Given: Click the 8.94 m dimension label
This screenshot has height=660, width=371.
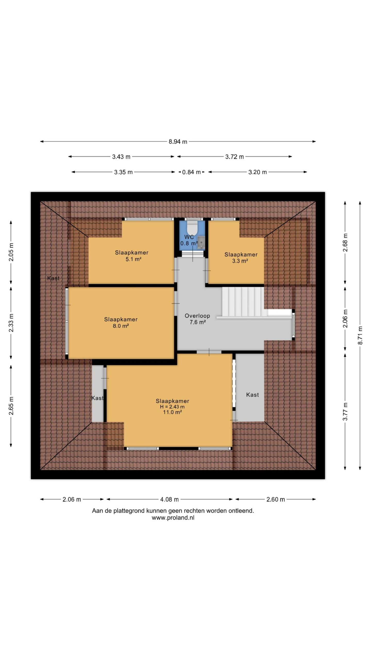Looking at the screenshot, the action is [178, 142].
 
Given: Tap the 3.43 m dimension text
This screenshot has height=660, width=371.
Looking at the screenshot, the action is [121, 157].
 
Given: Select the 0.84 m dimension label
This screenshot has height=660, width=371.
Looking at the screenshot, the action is [191, 172].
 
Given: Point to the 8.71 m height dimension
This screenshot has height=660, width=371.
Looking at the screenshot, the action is [360, 335].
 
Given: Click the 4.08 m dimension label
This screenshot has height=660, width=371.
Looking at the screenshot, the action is [169, 499].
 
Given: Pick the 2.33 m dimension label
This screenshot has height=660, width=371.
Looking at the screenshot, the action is [11, 323].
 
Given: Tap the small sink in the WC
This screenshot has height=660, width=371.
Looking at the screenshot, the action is [201, 243].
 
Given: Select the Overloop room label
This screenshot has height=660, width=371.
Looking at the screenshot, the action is [197, 316].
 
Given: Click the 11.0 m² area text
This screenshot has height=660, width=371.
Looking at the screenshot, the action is [172, 412].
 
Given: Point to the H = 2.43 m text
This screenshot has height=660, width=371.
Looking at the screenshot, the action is [172, 407].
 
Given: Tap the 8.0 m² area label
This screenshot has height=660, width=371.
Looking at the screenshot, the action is [121, 326].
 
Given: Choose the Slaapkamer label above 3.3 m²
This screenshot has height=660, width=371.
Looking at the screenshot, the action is [241, 255].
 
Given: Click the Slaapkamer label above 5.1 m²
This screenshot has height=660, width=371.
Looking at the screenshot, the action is [132, 253].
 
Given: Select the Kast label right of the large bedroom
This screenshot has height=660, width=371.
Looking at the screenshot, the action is [252, 395].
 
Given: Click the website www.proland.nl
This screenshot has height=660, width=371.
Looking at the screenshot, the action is [173, 517].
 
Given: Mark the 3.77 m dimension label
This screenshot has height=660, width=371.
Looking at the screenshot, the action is [345, 411].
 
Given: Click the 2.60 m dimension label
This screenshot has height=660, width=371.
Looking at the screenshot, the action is [276, 499].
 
